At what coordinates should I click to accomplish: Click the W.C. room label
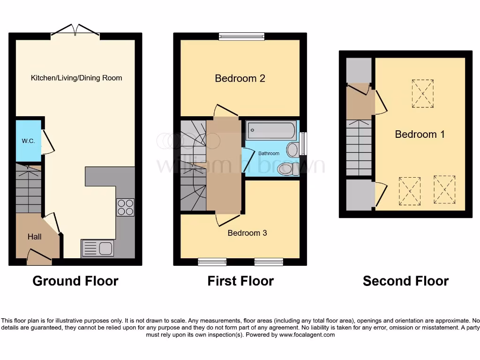tap(28, 141)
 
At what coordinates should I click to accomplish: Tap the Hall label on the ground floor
tap(34, 237)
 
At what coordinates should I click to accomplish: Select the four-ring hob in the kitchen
tap(125, 207)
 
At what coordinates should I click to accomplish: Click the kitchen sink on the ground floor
tap(97, 248)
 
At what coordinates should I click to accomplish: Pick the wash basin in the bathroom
tap(292, 150)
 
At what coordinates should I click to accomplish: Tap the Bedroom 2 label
tap(240, 78)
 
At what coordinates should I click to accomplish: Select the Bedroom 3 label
tap(247, 233)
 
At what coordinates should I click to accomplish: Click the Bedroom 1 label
tap(420, 135)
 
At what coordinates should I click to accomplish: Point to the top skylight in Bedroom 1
tap(423, 94)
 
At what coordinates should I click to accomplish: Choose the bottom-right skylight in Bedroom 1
tap(444, 190)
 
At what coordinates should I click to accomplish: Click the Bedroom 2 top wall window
tap(242, 36)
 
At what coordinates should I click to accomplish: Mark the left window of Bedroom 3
tap(212, 262)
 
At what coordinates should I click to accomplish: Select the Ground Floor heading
tap(75, 281)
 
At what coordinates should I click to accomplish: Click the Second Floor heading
tap(405, 281)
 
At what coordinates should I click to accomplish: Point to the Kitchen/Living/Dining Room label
tap(76, 78)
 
